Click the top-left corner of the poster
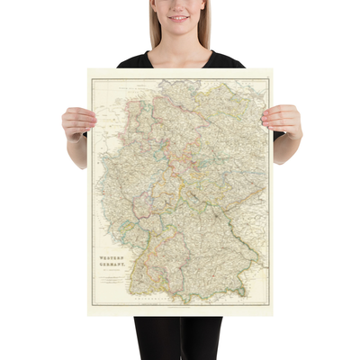point(88,69)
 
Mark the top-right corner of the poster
point(273,69)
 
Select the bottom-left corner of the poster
point(88,315)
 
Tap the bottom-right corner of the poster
point(273,315)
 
